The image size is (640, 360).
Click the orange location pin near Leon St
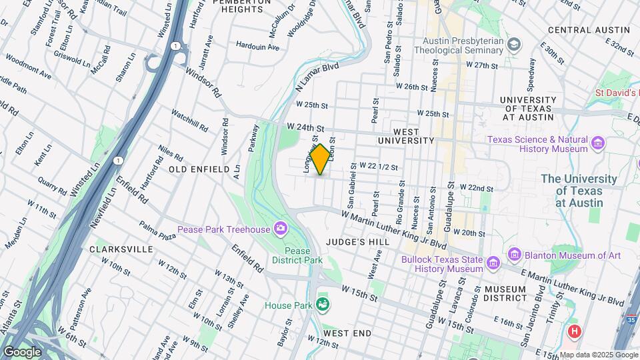click(320, 159)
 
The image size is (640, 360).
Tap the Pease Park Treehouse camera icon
click(281, 229)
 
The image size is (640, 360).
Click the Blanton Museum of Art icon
click(514, 255)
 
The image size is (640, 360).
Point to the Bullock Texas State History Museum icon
click(493, 264)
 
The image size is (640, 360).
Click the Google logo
click(22, 352)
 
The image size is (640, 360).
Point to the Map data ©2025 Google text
click(598, 355)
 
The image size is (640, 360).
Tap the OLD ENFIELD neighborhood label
click(199, 170)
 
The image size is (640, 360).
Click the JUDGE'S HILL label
click(353, 242)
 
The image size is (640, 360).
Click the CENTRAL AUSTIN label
click(589, 30)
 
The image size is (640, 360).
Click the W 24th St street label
click(305, 127)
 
